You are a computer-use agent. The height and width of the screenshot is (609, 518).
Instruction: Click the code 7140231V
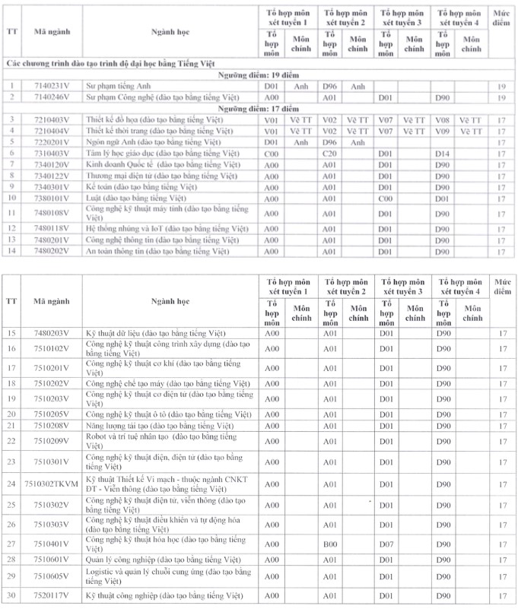point(52,87)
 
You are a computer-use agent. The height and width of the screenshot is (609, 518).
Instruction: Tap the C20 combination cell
point(329,153)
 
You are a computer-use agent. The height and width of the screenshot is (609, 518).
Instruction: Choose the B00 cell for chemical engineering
point(329,544)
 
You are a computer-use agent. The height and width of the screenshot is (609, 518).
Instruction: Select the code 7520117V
point(52,595)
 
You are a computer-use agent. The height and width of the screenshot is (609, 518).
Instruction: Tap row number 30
point(12,595)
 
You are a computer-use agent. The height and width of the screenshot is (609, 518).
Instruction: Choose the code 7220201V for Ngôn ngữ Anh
point(52,142)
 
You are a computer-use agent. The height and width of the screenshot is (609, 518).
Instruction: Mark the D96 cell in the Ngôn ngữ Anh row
point(329,142)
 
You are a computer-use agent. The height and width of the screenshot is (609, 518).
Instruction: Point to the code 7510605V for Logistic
point(52,577)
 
